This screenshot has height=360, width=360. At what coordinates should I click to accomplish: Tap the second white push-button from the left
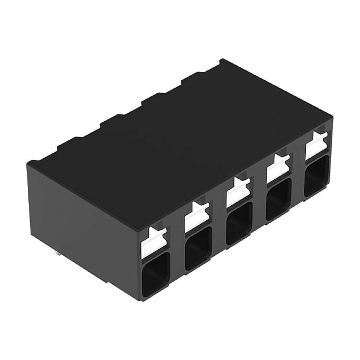(195, 218)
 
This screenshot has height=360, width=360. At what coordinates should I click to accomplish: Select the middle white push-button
(237, 193)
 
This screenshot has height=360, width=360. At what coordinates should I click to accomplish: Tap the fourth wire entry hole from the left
(278, 199)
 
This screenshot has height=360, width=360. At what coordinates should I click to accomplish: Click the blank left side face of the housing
(83, 223)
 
